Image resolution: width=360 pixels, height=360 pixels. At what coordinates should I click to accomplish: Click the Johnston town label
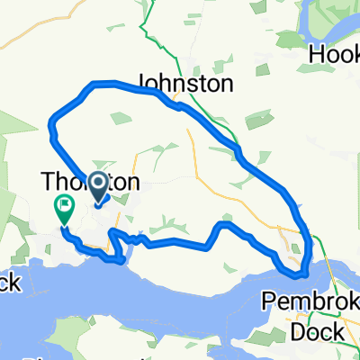point(185,84)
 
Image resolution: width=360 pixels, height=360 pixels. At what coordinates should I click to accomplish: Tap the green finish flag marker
point(65,210)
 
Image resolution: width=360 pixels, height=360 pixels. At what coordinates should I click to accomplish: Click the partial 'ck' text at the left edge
point(9,283)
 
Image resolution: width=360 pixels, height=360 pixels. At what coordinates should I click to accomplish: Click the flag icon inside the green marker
point(65,205)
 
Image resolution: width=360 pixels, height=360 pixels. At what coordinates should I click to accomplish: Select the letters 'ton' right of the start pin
point(126,183)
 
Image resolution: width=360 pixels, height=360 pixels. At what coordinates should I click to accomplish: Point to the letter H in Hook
point(316,54)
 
